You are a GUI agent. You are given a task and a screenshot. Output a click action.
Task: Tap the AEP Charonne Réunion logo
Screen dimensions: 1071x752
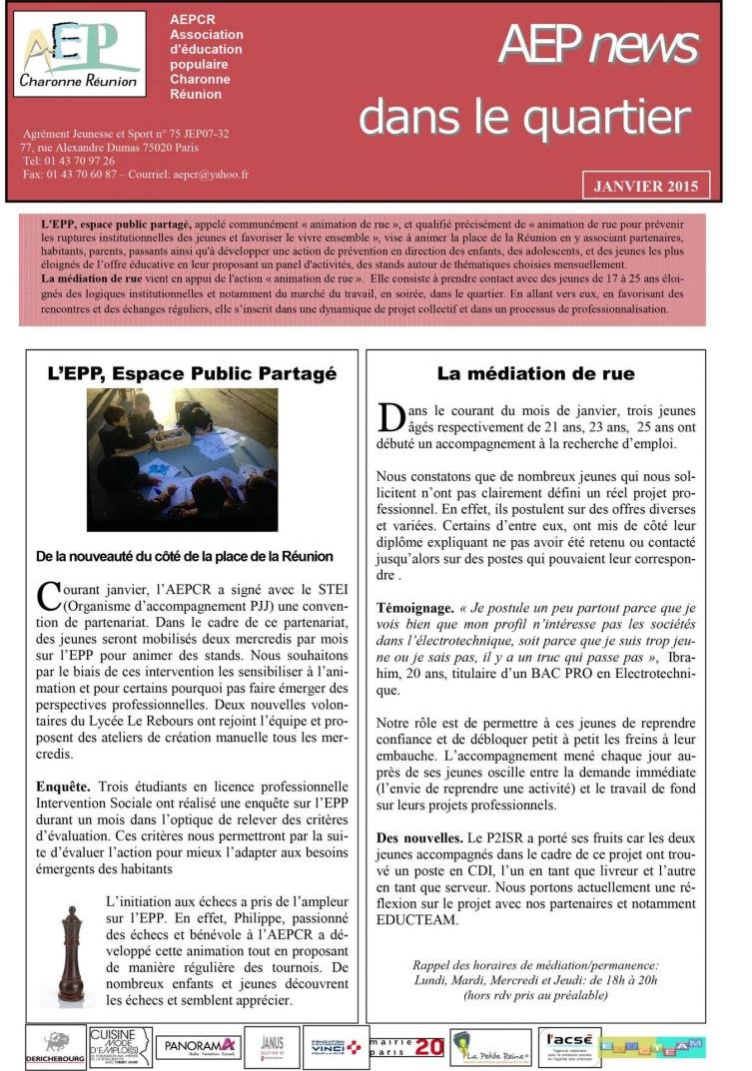[x=80, y=54]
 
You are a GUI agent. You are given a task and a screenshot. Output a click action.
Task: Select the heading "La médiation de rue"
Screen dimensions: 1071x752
[x=535, y=374]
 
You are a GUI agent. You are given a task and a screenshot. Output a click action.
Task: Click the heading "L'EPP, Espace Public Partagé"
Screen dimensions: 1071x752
[x=193, y=374]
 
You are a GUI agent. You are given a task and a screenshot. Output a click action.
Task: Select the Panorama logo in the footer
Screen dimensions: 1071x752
[x=194, y=1045]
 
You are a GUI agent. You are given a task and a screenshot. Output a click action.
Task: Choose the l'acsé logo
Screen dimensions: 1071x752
[x=568, y=1046]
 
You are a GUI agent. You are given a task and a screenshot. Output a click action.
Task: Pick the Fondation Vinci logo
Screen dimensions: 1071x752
[x=333, y=1046]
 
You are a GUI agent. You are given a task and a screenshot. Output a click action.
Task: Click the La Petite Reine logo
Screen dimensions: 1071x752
[x=490, y=1047]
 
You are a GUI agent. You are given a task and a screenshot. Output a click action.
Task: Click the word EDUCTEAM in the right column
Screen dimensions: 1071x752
[x=418, y=920]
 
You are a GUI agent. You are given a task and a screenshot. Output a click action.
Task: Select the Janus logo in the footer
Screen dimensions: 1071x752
[x=265, y=1046]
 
